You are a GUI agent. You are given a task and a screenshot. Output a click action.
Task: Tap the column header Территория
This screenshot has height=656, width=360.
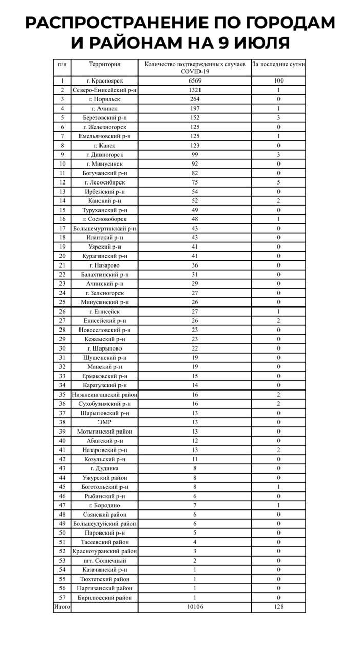(x=105, y=64)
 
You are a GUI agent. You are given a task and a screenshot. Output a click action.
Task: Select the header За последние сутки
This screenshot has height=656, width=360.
(x=278, y=64)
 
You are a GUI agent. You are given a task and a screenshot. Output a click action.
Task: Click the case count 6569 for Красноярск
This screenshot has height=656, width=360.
(x=194, y=80)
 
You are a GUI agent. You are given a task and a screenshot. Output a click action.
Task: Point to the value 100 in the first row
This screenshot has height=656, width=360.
(x=278, y=80)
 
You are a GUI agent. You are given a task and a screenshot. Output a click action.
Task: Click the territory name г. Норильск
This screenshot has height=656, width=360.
(x=105, y=99)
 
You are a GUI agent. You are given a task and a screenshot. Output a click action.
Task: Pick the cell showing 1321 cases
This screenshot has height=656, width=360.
(x=194, y=90)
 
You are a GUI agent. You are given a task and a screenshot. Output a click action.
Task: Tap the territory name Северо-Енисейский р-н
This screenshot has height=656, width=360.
(x=105, y=90)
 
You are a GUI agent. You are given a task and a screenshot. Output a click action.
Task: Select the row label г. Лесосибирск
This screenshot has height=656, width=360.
(x=105, y=182)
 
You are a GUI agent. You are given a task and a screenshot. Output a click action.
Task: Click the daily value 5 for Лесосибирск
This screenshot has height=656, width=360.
(x=278, y=182)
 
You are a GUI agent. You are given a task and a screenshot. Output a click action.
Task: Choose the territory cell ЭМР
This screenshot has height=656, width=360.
(x=105, y=422)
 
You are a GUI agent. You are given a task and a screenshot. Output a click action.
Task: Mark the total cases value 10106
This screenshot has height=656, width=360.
(x=194, y=607)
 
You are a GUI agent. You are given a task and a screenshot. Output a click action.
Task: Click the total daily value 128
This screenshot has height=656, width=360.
(x=278, y=607)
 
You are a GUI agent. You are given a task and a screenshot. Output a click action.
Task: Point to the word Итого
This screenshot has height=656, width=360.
(x=62, y=607)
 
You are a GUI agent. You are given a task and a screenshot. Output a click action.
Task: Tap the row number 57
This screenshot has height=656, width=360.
(x=62, y=597)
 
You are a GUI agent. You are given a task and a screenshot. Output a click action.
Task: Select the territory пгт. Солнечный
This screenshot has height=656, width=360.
(x=105, y=560)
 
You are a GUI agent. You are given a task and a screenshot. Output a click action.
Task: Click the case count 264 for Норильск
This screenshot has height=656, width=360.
(x=194, y=99)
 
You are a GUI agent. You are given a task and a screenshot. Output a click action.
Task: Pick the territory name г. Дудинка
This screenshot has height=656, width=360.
(x=105, y=468)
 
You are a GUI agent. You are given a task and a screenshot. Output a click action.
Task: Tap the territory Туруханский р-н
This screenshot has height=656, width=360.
(x=105, y=210)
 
